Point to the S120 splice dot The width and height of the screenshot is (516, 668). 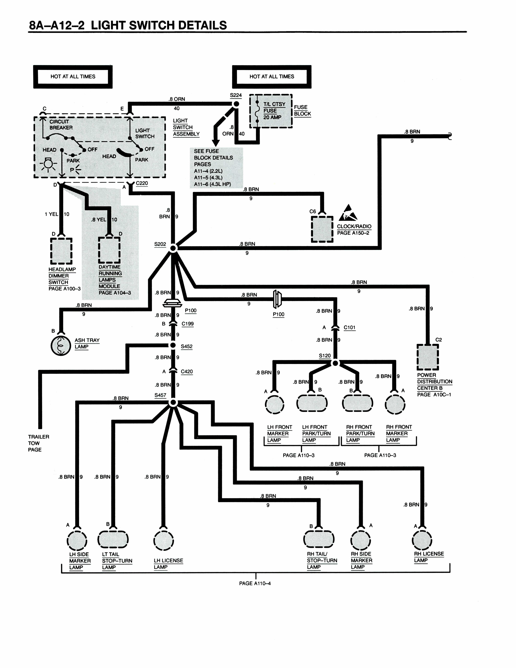[335, 363]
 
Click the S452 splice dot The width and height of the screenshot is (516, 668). [173, 345]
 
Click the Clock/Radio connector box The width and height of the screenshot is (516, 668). [322, 229]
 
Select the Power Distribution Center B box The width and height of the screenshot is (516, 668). [428, 357]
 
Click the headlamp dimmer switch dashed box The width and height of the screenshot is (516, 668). [61, 251]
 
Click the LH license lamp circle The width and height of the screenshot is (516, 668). [164, 540]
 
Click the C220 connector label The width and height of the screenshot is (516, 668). [142, 183]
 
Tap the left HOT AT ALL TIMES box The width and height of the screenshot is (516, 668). [73, 77]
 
